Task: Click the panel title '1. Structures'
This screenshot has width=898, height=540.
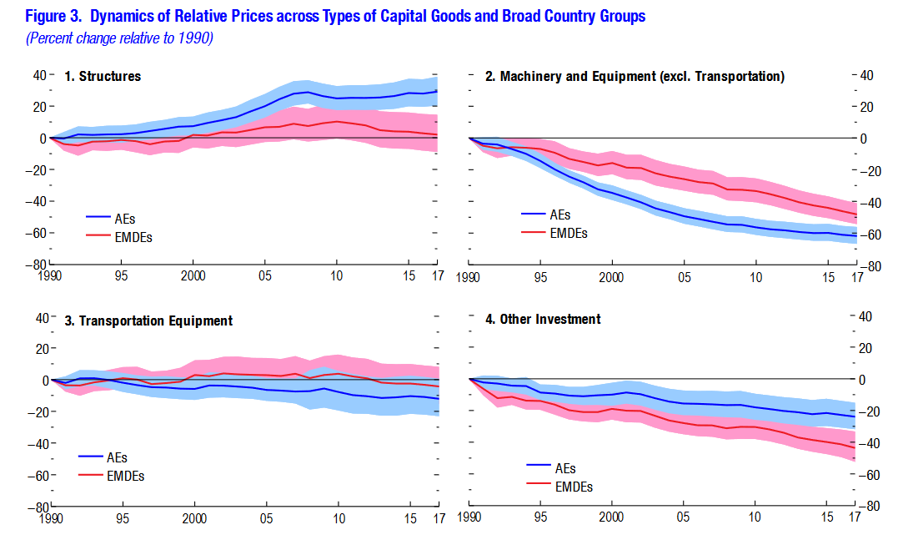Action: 103,77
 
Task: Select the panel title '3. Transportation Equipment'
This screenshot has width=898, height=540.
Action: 148,320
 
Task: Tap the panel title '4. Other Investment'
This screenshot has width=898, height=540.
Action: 550,320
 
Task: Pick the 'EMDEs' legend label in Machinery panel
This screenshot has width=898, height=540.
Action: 569,233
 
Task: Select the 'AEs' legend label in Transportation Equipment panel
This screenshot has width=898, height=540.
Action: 117,457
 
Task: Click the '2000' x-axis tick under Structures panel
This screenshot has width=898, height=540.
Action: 193,275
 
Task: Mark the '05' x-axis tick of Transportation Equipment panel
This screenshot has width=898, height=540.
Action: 265,517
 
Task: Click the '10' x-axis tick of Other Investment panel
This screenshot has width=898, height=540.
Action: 755,517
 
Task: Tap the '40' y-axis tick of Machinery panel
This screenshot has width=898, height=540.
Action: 865,75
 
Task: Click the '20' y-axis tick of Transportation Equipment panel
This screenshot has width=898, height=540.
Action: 39,348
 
